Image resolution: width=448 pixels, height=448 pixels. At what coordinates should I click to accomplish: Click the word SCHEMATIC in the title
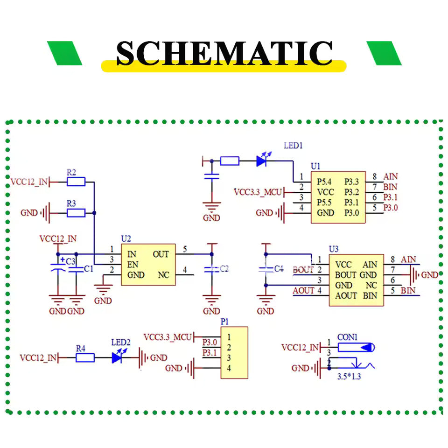pos(224,54)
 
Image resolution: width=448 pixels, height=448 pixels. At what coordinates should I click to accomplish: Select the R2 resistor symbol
pos(76,182)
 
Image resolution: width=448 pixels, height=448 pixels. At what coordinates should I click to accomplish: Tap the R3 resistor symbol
pos(76,213)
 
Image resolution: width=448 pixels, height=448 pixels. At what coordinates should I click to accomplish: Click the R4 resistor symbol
pos(85,358)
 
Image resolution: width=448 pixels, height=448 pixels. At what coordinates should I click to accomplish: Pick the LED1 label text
pos(293,146)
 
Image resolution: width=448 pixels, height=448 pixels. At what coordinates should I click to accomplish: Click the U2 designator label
pos(126,238)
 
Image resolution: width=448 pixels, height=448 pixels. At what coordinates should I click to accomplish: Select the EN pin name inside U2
pos(133,265)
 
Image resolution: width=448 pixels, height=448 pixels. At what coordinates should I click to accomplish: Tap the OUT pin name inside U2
pos(161,254)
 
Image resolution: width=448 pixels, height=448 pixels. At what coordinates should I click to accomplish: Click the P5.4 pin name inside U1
pos(325,182)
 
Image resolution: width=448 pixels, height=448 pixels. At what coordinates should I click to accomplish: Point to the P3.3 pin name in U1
pos(351,182)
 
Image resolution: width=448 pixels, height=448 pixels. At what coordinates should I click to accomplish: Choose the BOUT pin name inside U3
pos(346,275)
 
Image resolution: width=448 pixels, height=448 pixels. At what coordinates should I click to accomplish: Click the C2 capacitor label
pos(224,269)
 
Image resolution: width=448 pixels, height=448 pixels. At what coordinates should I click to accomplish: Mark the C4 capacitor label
pos(279,269)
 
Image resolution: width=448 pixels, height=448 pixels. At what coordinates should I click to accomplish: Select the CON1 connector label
pos(347,337)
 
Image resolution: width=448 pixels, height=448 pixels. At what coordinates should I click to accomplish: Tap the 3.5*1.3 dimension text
pos(349,377)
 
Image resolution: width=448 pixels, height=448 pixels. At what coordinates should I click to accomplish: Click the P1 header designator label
pos(224,322)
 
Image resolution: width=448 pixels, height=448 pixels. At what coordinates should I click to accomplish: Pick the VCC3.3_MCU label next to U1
pos(258,192)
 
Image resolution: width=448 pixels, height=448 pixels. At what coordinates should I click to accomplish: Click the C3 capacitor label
pos(70,260)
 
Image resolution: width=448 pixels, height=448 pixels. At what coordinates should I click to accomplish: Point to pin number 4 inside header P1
pos(229,368)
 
